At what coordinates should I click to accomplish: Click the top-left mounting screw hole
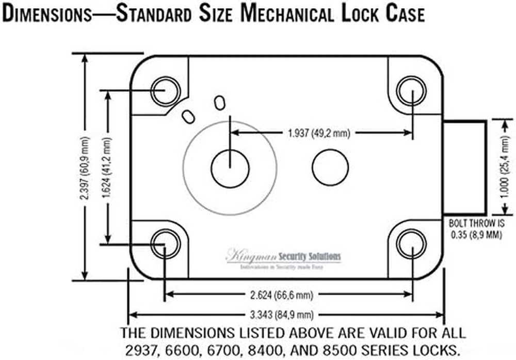(x=166, y=90)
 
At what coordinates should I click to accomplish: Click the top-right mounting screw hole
(x=412, y=90)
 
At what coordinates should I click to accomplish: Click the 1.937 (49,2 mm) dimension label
(x=318, y=134)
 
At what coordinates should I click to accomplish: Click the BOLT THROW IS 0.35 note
(x=475, y=229)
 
